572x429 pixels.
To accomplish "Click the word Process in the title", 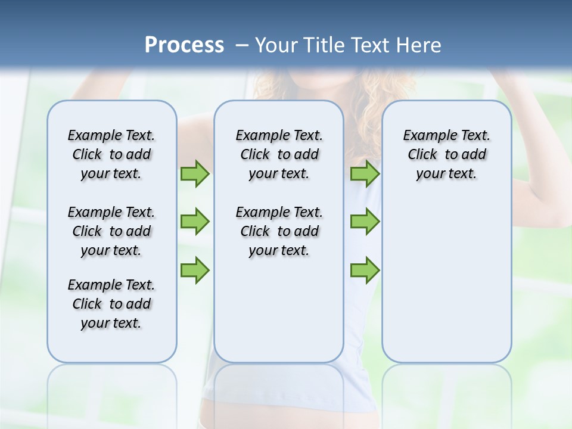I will pos(184,45).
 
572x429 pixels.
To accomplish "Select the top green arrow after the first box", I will pos(195,174).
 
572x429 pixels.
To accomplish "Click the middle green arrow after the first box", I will pos(195,222).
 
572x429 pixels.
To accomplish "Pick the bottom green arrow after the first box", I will pos(195,270).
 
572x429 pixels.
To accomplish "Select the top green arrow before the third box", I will pos(365,174).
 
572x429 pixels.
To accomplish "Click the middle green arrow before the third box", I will pos(365,222).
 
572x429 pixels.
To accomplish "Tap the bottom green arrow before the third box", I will pos(365,270).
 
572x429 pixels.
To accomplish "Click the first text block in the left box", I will pos(111,154).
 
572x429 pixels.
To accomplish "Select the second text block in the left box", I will pos(111,231).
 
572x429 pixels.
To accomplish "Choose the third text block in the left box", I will pos(111,304).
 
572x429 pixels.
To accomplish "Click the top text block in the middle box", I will pos(279,154).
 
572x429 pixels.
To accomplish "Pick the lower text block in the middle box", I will pos(279,231).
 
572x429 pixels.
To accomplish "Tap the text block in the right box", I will pos(446,154).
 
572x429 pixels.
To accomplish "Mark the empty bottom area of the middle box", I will pos(279,316).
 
